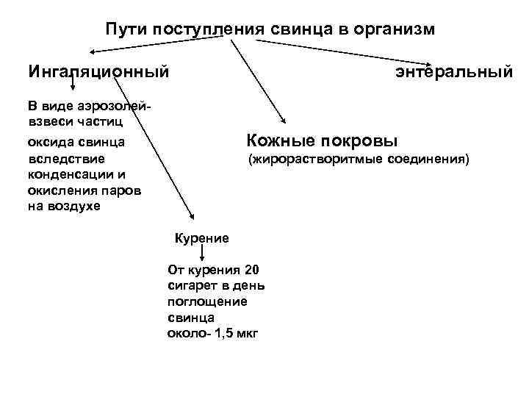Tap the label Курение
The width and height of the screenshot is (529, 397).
(x=201, y=238)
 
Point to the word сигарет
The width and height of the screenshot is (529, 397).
(x=192, y=285)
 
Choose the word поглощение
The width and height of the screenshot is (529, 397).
(x=207, y=301)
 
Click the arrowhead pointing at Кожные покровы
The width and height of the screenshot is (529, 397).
(x=283, y=124)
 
